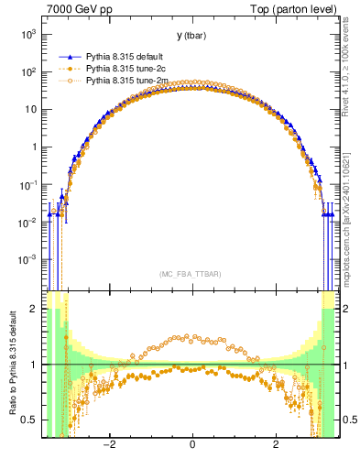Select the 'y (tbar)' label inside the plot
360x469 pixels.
tap(191, 36)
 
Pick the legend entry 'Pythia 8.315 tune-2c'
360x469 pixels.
tap(127, 69)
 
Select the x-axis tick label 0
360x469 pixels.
tap(192, 446)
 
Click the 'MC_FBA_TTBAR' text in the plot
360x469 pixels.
tap(191, 274)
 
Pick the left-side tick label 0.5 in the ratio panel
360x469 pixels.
tap(29, 420)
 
